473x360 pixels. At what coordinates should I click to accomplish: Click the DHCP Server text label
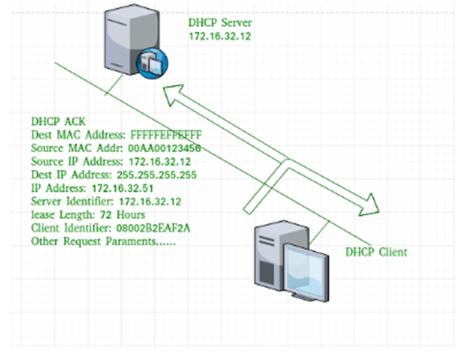pyautogui.click(x=220, y=23)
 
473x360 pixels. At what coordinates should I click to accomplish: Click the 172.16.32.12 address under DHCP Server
pyautogui.click(x=220, y=37)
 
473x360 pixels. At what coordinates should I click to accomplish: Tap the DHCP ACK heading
pyautogui.click(x=58, y=121)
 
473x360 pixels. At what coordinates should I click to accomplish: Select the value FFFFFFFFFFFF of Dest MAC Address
pyautogui.click(x=166, y=135)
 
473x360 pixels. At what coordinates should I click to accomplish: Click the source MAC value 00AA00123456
pyautogui.click(x=164, y=148)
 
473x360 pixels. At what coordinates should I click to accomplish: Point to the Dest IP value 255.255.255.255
pyautogui.click(x=156, y=175)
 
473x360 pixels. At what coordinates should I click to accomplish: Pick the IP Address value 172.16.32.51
pyautogui.click(x=122, y=188)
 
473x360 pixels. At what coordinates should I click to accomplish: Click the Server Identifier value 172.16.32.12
pyautogui.click(x=150, y=202)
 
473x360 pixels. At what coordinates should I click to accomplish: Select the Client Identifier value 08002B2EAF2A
pyautogui.click(x=153, y=228)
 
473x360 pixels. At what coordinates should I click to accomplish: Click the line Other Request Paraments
pyautogui.click(x=103, y=241)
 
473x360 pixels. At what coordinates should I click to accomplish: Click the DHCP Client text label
pyautogui.click(x=376, y=252)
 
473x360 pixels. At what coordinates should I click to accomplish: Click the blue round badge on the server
pyautogui.click(x=153, y=63)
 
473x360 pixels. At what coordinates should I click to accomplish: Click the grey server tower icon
pyautogui.click(x=132, y=39)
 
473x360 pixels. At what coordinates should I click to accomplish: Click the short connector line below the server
pyautogui.click(x=114, y=85)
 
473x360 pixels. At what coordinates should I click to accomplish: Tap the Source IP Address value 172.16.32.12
pyautogui.click(x=160, y=162)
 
